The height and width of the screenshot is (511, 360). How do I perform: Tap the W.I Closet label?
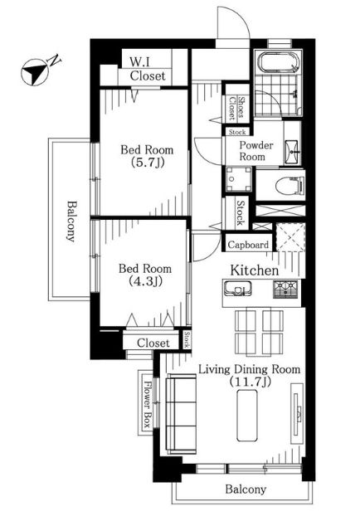click(148, 69)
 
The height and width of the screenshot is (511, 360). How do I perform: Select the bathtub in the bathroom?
click(278, 62)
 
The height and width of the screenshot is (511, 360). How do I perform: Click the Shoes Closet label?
click(236, 107)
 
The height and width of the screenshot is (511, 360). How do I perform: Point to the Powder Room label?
click(256, 151)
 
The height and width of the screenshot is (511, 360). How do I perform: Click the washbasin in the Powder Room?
click(292, 152)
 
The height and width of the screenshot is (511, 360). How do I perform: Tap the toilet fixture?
click(289, 186)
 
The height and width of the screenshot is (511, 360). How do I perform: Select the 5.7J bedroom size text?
click(147, 163)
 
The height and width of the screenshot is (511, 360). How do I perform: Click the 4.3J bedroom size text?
click(145, 281)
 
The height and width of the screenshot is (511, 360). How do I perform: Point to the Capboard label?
click(248, 245)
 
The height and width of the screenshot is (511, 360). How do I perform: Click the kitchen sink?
click(238, 289)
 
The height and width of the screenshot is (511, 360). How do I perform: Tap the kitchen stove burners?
click(285, 289)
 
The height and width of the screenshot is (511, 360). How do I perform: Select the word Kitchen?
click(255, 270)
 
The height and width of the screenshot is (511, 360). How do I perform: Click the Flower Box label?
click(148, 404)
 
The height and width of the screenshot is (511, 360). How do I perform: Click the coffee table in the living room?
click(246, 416)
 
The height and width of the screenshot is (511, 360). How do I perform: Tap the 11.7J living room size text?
click(250, 382)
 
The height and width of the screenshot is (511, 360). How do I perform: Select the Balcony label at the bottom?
click(246, 489)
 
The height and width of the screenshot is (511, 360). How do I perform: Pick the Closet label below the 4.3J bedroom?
click(153, 343)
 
